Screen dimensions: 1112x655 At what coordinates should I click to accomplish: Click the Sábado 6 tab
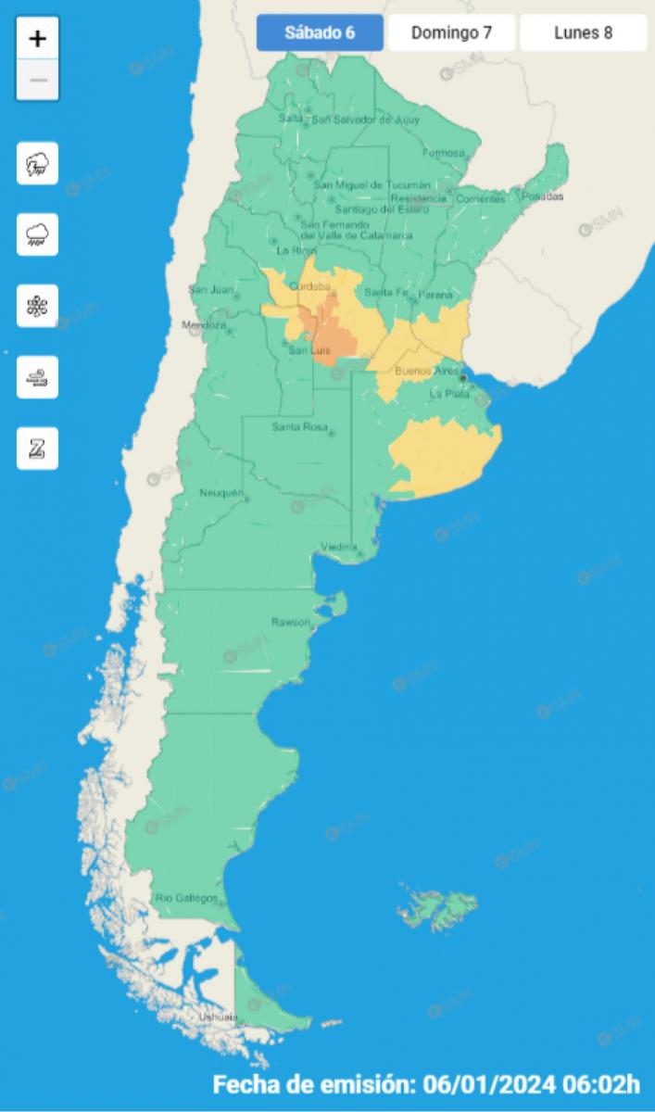click(320, 33)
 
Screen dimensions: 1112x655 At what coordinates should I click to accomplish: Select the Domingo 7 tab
click(451, 33)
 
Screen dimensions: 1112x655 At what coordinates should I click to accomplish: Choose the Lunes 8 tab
click(583, 33)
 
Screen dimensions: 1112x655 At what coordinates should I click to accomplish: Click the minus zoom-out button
click(38, 80)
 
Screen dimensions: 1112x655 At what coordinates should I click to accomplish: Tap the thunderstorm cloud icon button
click(38, 164)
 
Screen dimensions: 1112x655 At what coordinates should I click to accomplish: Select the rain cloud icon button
click(38, 234)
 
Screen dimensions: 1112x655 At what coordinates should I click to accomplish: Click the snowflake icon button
click(38, 306)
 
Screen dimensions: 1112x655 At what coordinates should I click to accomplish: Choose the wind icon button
click(38, 377)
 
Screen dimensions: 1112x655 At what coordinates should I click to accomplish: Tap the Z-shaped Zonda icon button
click(38, 449)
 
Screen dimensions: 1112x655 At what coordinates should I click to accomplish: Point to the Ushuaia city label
click(218, 1017)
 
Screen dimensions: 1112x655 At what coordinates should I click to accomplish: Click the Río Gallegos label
click(186, 898)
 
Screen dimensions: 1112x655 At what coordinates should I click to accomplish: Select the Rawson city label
click(290, 622)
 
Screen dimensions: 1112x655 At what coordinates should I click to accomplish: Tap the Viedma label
click(338, 546)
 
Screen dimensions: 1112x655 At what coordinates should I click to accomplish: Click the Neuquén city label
click(220, 492)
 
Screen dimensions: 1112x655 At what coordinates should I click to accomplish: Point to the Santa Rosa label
click(296, 426)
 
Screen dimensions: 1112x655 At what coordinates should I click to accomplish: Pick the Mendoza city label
click(203, 325)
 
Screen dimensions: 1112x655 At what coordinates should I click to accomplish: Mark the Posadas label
click(542, 196)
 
